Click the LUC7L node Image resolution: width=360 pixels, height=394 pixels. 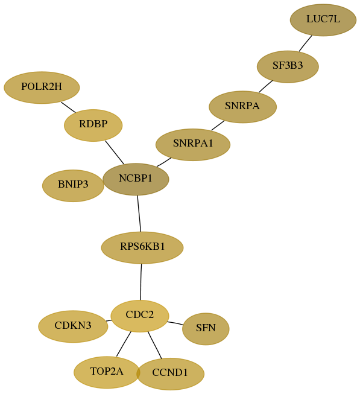[x=323, y=20]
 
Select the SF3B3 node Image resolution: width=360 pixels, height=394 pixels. [x=288, y=66]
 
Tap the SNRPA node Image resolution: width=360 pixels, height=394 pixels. [x=243, y=107]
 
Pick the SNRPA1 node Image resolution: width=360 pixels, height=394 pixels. [x=193, y=144]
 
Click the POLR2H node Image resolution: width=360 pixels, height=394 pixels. [x=42, y=87]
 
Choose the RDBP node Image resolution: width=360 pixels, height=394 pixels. [x=93, y=125]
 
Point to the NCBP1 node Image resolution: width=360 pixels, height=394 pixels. [x=136, y=179]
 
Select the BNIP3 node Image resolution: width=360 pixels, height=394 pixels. [x=73, y=185]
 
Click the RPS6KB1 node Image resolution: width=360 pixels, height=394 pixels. [x=142, y=247]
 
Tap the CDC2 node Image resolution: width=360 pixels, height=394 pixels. [x=140, y=316]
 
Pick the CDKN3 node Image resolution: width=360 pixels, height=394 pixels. [x=73, y=326]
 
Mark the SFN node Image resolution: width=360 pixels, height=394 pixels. [x=206, y=329]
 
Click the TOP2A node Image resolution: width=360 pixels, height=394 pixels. [x=107, y=372]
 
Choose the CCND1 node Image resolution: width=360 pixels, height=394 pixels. [x=170, y=373]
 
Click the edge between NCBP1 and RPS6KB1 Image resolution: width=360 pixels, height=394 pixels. [x=139, y=214]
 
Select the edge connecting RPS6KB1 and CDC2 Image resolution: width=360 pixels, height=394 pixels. [x=141, y=282]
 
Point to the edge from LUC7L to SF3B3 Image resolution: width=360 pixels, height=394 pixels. [x=306, y=43]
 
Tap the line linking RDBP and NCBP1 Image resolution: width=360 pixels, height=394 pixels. [x=115, y=153]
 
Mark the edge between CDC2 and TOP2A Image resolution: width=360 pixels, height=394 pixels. [x=124, y=344]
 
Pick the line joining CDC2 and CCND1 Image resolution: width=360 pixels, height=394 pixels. [x=154, y=345]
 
